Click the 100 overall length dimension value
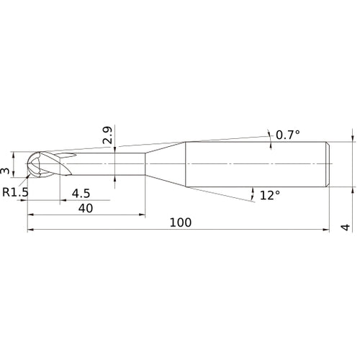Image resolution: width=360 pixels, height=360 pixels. [181, 222]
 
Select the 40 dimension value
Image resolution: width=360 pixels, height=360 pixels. [85, 207]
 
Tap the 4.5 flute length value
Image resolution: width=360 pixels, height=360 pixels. [81, 193]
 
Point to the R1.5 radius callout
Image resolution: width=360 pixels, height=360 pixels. [15, 192]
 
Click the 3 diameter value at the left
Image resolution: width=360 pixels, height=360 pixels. [6, 170]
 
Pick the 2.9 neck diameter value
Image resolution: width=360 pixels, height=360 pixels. [107, 135]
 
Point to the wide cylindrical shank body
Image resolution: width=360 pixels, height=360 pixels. [259, 163]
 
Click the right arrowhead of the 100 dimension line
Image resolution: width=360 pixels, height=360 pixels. [328, 230]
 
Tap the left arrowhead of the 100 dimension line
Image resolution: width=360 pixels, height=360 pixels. [30, 230]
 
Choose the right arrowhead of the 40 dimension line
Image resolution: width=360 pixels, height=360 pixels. [143, 215]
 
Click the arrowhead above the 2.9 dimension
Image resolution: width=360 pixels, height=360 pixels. [116, 148]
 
